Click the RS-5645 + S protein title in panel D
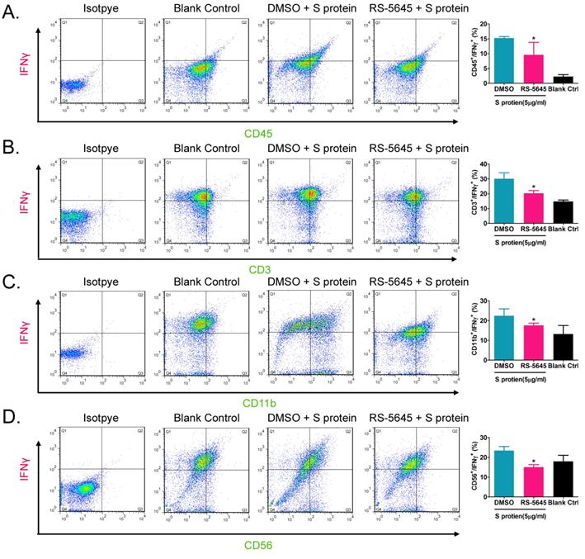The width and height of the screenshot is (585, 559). pyautogui.click(x=413, y=419)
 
